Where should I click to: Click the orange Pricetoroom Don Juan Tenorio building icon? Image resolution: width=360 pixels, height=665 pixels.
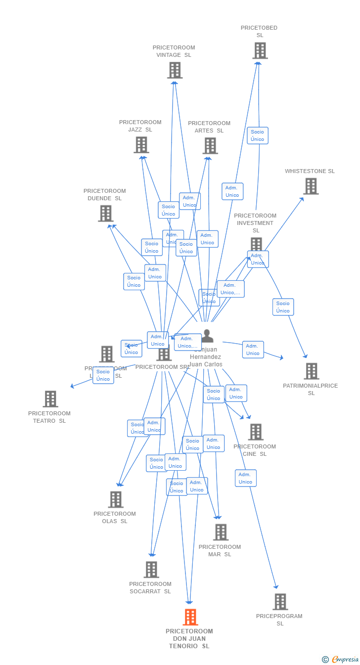coord(190,617)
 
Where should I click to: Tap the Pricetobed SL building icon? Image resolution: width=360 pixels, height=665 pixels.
coord(260,50)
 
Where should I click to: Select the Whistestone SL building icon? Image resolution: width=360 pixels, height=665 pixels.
coord(311,186)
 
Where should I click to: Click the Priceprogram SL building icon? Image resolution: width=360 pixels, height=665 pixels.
coord(280,602)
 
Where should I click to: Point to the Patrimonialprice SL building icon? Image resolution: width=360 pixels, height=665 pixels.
coord(312,371)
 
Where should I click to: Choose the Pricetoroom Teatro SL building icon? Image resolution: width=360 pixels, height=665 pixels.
coord(50,399)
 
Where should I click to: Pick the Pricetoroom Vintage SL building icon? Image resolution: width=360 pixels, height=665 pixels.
coord(175,70)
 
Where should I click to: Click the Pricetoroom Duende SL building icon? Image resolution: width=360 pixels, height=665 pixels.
coord(105,214)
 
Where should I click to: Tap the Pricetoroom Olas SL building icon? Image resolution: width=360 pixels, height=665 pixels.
coord(116,499)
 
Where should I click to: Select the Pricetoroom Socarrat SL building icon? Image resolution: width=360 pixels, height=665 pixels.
coord(151,570)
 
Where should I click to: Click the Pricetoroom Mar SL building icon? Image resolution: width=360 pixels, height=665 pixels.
coord(221,532)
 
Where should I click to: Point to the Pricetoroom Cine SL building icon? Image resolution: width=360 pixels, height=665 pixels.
coord(256,432)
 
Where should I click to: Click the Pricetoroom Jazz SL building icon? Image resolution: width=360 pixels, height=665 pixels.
coord(141,145)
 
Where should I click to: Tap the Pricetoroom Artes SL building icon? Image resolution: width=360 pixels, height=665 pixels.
coord(210,146)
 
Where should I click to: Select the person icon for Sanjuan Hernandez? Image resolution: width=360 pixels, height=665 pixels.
coord(207,336)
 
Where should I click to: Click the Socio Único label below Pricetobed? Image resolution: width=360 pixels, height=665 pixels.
coord(258,135)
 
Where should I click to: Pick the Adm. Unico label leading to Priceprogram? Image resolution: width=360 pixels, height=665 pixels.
coord(246,478)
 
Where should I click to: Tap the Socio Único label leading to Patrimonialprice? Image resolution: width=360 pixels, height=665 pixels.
coord(283,307)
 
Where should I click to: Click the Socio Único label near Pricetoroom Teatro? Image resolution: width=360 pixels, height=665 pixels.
coord(103,375)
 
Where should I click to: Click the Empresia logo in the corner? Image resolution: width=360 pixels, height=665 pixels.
coord(341,659)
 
